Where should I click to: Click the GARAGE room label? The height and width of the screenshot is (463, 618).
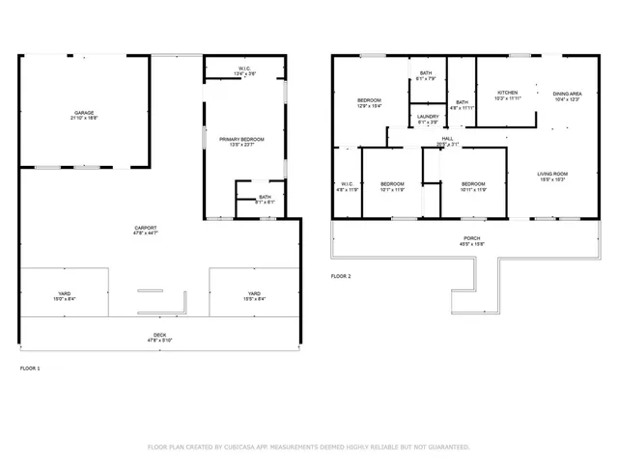(83, 113)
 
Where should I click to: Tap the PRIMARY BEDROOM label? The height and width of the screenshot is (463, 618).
(241, 140)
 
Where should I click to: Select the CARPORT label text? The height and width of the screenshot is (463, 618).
(146, 228)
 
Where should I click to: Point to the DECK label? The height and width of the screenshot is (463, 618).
(158, 336)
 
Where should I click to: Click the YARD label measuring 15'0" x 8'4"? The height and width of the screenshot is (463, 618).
(65, 293)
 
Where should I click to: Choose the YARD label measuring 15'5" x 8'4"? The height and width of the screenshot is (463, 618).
(254, 293)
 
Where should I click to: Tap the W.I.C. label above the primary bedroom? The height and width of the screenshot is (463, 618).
(245, 68)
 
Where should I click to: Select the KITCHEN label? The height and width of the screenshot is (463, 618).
(508, 94)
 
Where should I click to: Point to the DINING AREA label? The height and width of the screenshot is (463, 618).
(567, 94)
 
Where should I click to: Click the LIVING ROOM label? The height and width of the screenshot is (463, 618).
(551, 175)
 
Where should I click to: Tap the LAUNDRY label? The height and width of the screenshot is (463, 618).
(427, 119)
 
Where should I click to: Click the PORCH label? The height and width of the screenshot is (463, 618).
(471, 238)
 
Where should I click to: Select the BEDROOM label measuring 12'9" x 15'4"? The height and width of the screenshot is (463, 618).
(370, 101)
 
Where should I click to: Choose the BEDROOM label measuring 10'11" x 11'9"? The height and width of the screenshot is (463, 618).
(472, 184)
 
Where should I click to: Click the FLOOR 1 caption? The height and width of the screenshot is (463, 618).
(30, 368)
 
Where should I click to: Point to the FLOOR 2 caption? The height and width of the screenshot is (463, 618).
(341, 276)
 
